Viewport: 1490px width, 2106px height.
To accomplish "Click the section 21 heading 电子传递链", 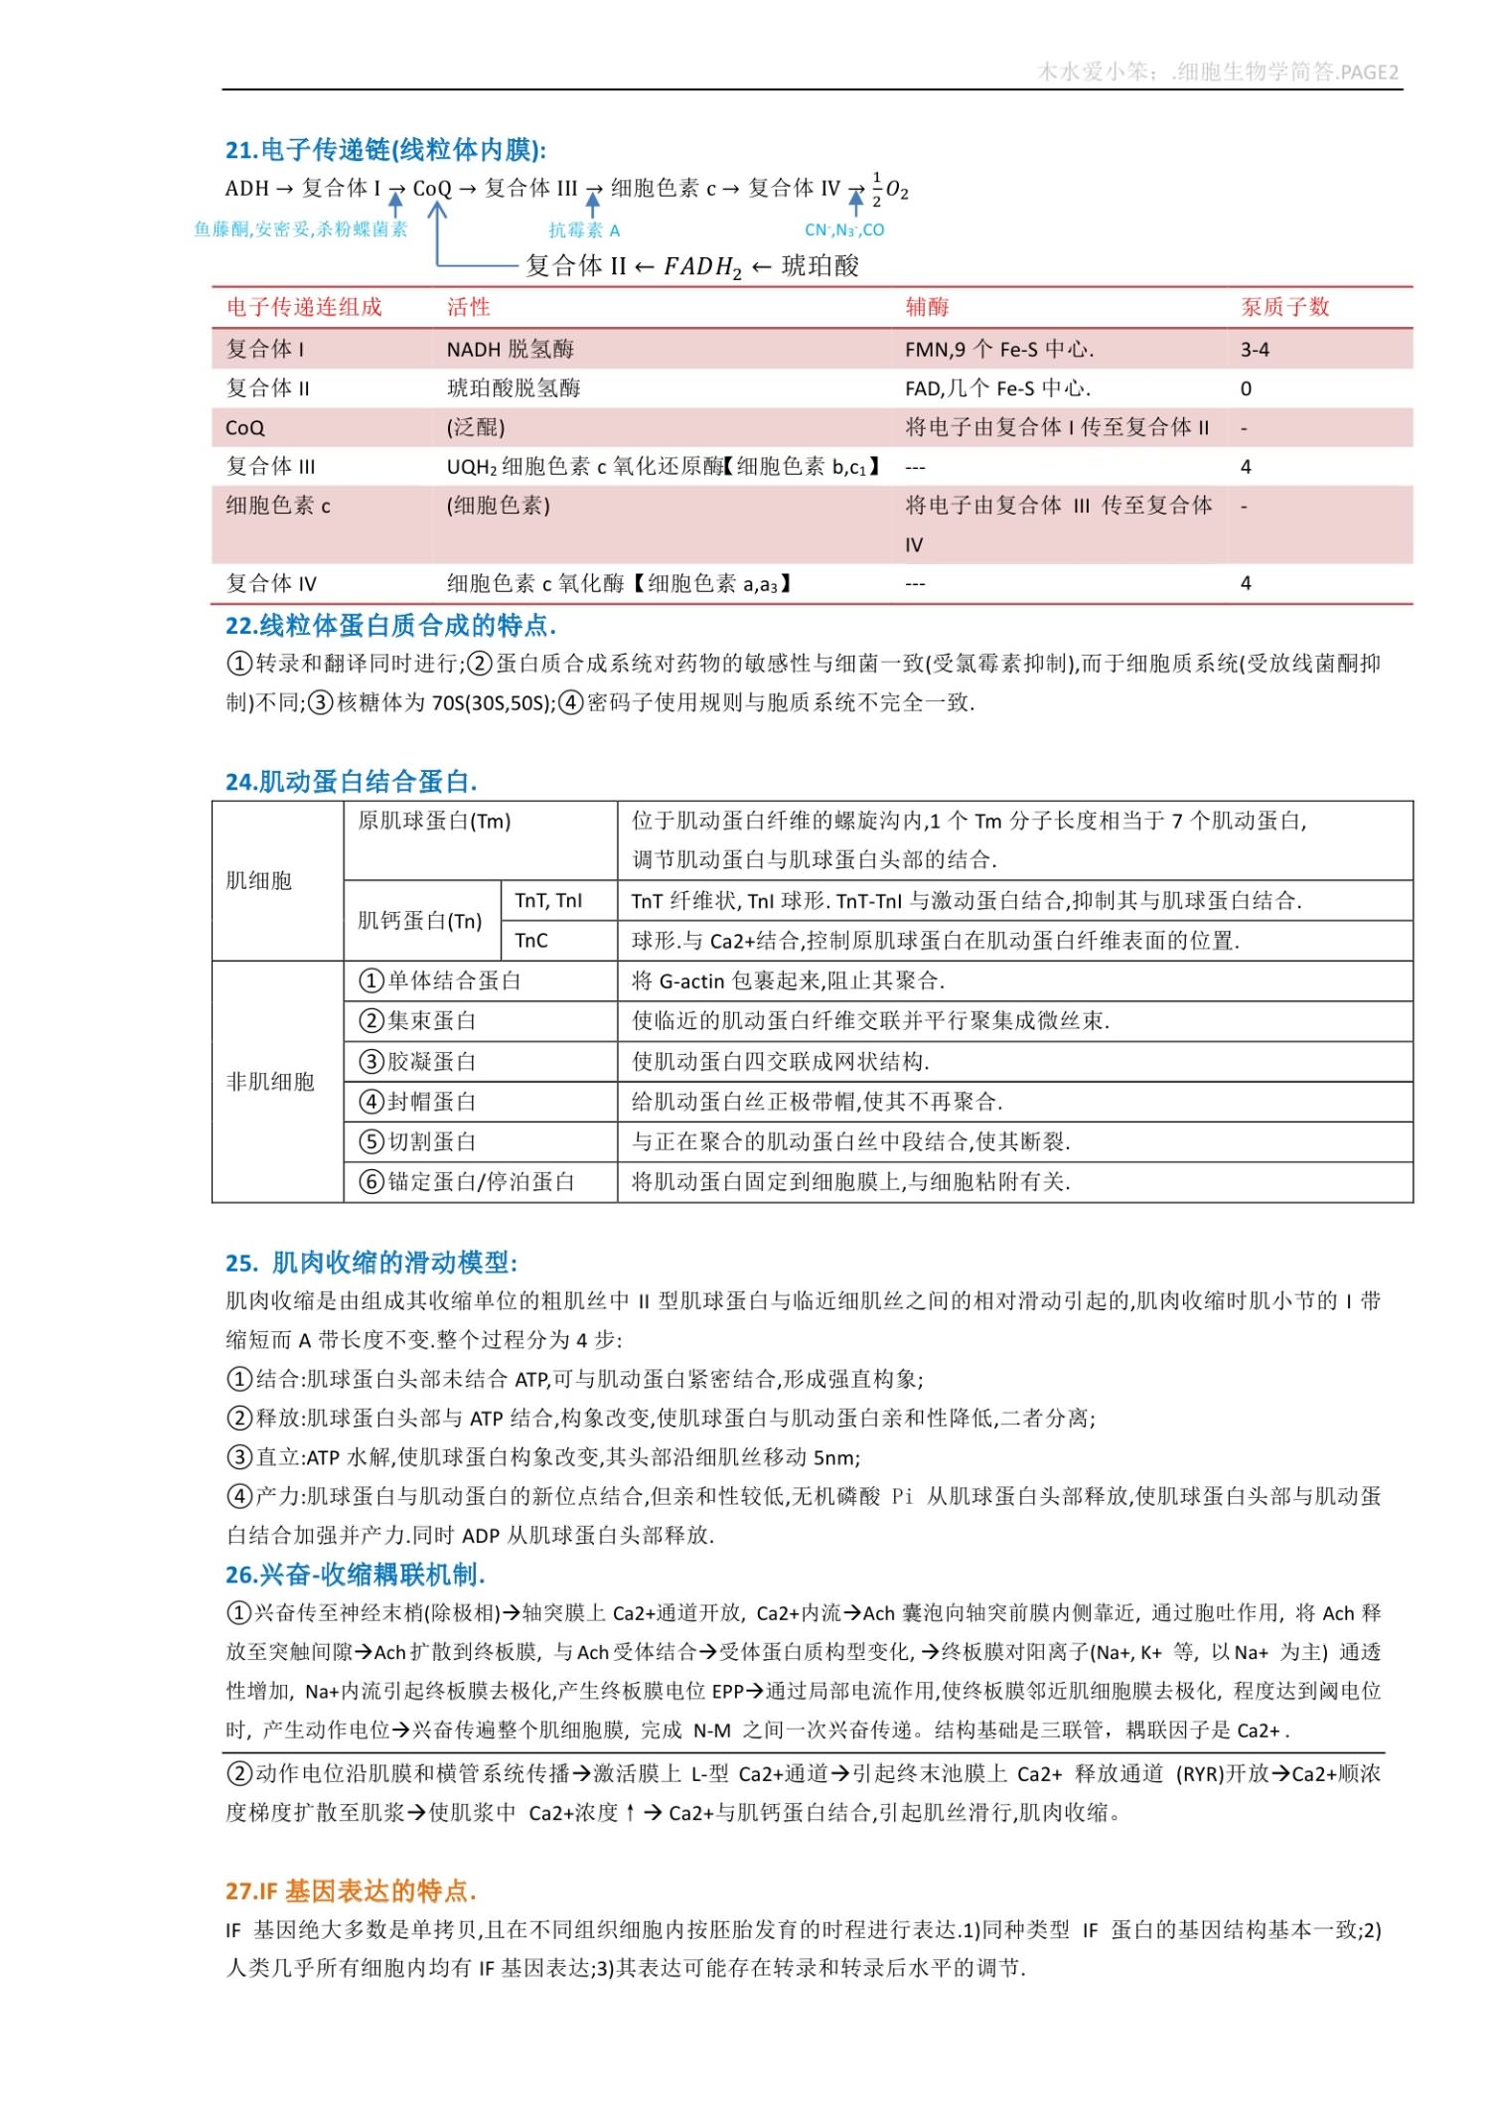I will pos(385,150).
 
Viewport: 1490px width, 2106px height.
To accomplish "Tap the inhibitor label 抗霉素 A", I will pos(584,230).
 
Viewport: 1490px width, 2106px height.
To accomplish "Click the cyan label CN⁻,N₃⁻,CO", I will pos(843,230).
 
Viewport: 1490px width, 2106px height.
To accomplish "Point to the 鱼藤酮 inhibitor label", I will pos(301,229).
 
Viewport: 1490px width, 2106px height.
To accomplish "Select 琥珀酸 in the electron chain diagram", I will pos(820,265).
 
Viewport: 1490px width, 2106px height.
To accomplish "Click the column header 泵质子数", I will pos(1284,307).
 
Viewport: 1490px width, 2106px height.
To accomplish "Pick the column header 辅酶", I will pos(927,307).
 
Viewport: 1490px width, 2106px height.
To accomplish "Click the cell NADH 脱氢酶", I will pos(510,349).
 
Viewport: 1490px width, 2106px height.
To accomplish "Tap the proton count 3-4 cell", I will pos(1255,350).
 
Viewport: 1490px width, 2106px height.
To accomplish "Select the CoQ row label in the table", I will pos(245,428).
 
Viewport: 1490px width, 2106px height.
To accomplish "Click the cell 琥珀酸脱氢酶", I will pos(514,388).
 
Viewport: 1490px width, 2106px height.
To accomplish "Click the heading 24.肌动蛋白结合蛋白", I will pos(351,782).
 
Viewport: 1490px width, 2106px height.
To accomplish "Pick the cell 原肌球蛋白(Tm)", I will pos(434,821).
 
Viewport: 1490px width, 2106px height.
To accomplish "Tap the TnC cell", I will pos(531,941).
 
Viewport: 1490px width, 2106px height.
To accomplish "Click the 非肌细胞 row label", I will pos(270,1082).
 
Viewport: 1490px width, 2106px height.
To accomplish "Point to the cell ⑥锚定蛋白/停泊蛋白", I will pos(467,1182).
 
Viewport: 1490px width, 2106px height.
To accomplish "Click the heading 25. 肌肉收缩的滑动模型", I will pos(372,1263).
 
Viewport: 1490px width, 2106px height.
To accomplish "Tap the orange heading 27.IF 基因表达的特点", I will pos(351,1890).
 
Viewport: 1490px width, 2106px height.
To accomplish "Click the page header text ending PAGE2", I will pos(1217,72).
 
